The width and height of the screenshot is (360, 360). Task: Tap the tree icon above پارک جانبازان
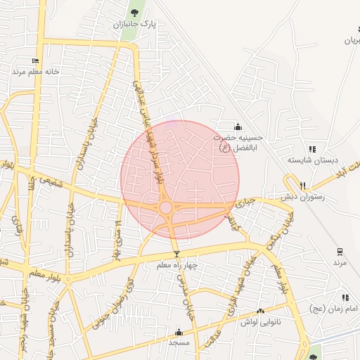[134, 13]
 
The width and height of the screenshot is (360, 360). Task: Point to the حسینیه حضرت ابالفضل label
[238, 142]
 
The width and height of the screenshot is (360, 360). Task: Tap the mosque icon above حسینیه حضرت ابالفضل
[238, 127]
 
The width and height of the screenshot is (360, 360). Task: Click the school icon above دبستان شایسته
[313, 149]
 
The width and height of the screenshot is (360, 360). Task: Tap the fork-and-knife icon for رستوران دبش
[303, 186]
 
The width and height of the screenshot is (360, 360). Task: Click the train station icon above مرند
[340, 251]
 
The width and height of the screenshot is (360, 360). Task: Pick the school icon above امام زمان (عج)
[345, 298]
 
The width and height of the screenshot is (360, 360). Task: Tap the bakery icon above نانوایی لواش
[260, 311]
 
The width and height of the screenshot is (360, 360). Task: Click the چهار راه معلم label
[176, 265]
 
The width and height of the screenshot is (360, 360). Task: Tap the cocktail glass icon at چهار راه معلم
[176, 254]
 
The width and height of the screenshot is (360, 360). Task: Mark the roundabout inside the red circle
[166, 207]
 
